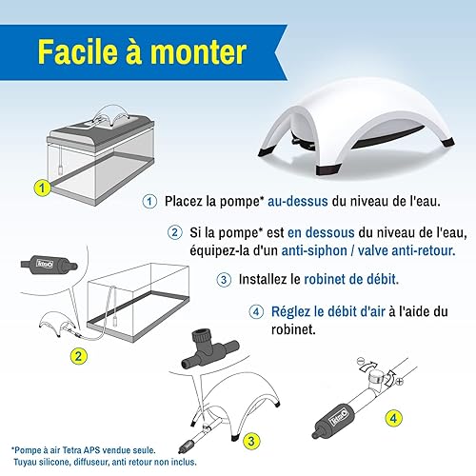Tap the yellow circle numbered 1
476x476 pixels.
[x=42, y=188]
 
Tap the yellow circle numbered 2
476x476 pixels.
[x=78, y=356]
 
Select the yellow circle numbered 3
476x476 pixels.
[x=251, y=441]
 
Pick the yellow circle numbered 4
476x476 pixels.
[x=393, y=418]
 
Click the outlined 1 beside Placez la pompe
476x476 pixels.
[x=149, y=201]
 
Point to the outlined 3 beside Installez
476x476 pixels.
[x=224, y=280]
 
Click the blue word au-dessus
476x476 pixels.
[x=298, y=201]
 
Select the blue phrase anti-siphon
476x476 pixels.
[x=314, y=250]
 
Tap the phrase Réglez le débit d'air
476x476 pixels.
[x=328, y=311]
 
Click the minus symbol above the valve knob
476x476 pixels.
[x=360, y=361]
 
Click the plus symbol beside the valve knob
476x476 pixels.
[x=400, y=381]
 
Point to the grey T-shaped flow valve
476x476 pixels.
[x=209, y=349]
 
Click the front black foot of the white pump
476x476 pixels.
[x=328, y=169]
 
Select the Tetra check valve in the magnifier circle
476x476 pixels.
[x=49, y=264]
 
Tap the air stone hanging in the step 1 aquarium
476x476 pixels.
[x=60, y=169]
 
